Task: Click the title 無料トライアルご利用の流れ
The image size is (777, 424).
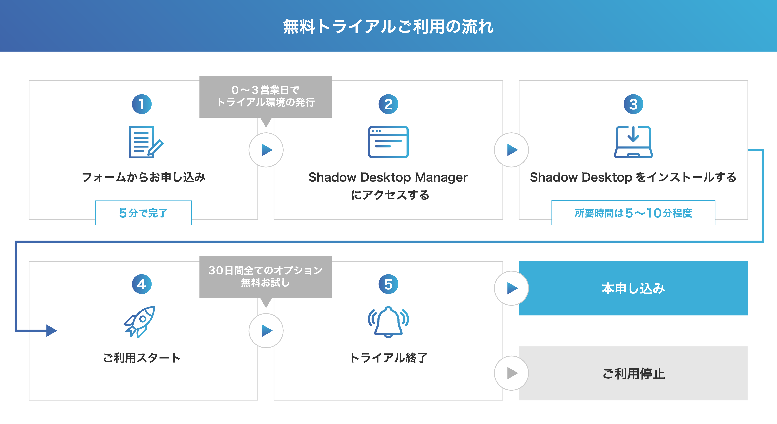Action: pyautogui.click(x=388, y=27)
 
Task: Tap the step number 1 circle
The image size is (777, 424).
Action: pyautogui.click(x=142, y=104)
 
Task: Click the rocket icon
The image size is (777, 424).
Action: pyautogui.click(x=139, y=322)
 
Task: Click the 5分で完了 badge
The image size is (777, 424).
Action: pyautogui.click(x=143, y=213)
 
